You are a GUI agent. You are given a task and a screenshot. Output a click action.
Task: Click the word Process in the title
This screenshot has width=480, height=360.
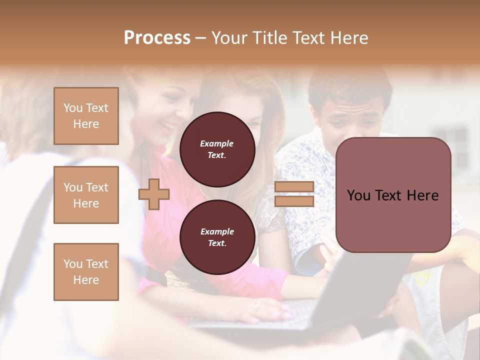point(157,38)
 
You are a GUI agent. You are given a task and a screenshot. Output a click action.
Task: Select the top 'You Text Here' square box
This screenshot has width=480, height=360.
point(86,116)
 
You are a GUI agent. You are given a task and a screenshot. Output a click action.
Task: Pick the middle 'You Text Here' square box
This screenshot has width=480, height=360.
point(86,195)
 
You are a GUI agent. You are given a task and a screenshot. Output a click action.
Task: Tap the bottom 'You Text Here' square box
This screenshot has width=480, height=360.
point(86,272)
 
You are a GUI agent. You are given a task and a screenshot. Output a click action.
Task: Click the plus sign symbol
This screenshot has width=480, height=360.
point(154,194)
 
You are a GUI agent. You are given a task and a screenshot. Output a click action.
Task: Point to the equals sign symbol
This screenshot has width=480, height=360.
point(294,194)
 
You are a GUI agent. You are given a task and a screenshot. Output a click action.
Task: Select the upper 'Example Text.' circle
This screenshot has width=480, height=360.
point(217,149)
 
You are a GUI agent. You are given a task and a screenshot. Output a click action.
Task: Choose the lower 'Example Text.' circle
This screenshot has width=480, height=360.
point(217,237)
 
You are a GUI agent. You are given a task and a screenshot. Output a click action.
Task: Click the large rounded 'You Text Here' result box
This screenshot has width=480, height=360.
point(393,194)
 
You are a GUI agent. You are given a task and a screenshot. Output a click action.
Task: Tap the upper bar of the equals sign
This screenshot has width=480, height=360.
point(294,187)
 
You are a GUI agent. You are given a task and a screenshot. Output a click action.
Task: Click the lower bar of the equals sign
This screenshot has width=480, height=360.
point(294,201)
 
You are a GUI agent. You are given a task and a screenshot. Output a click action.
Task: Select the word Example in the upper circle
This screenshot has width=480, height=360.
point(217,143)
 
